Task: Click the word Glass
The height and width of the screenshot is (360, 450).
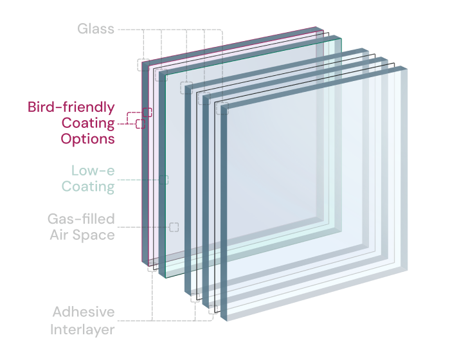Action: coord(96,29)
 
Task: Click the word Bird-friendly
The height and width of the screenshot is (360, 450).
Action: coord(71,107)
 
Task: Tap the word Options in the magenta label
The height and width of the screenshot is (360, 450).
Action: coord(87,139)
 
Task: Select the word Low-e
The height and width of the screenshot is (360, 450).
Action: coord(93,170)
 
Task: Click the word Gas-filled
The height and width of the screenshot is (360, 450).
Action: coord(81,219)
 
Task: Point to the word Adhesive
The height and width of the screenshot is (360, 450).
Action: coord(84,312)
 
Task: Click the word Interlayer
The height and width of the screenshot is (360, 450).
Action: coord(82,330)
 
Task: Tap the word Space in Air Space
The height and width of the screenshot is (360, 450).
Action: coord(94,235)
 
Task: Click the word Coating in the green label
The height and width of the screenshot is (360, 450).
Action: coord(88,186)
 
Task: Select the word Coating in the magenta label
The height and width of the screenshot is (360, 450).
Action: coord(88,123)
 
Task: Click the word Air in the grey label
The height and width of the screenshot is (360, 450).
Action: coord(59,235)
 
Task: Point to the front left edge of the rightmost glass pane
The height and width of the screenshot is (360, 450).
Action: coord(224,212)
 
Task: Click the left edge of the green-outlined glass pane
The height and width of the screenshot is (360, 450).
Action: coord(162,175)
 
